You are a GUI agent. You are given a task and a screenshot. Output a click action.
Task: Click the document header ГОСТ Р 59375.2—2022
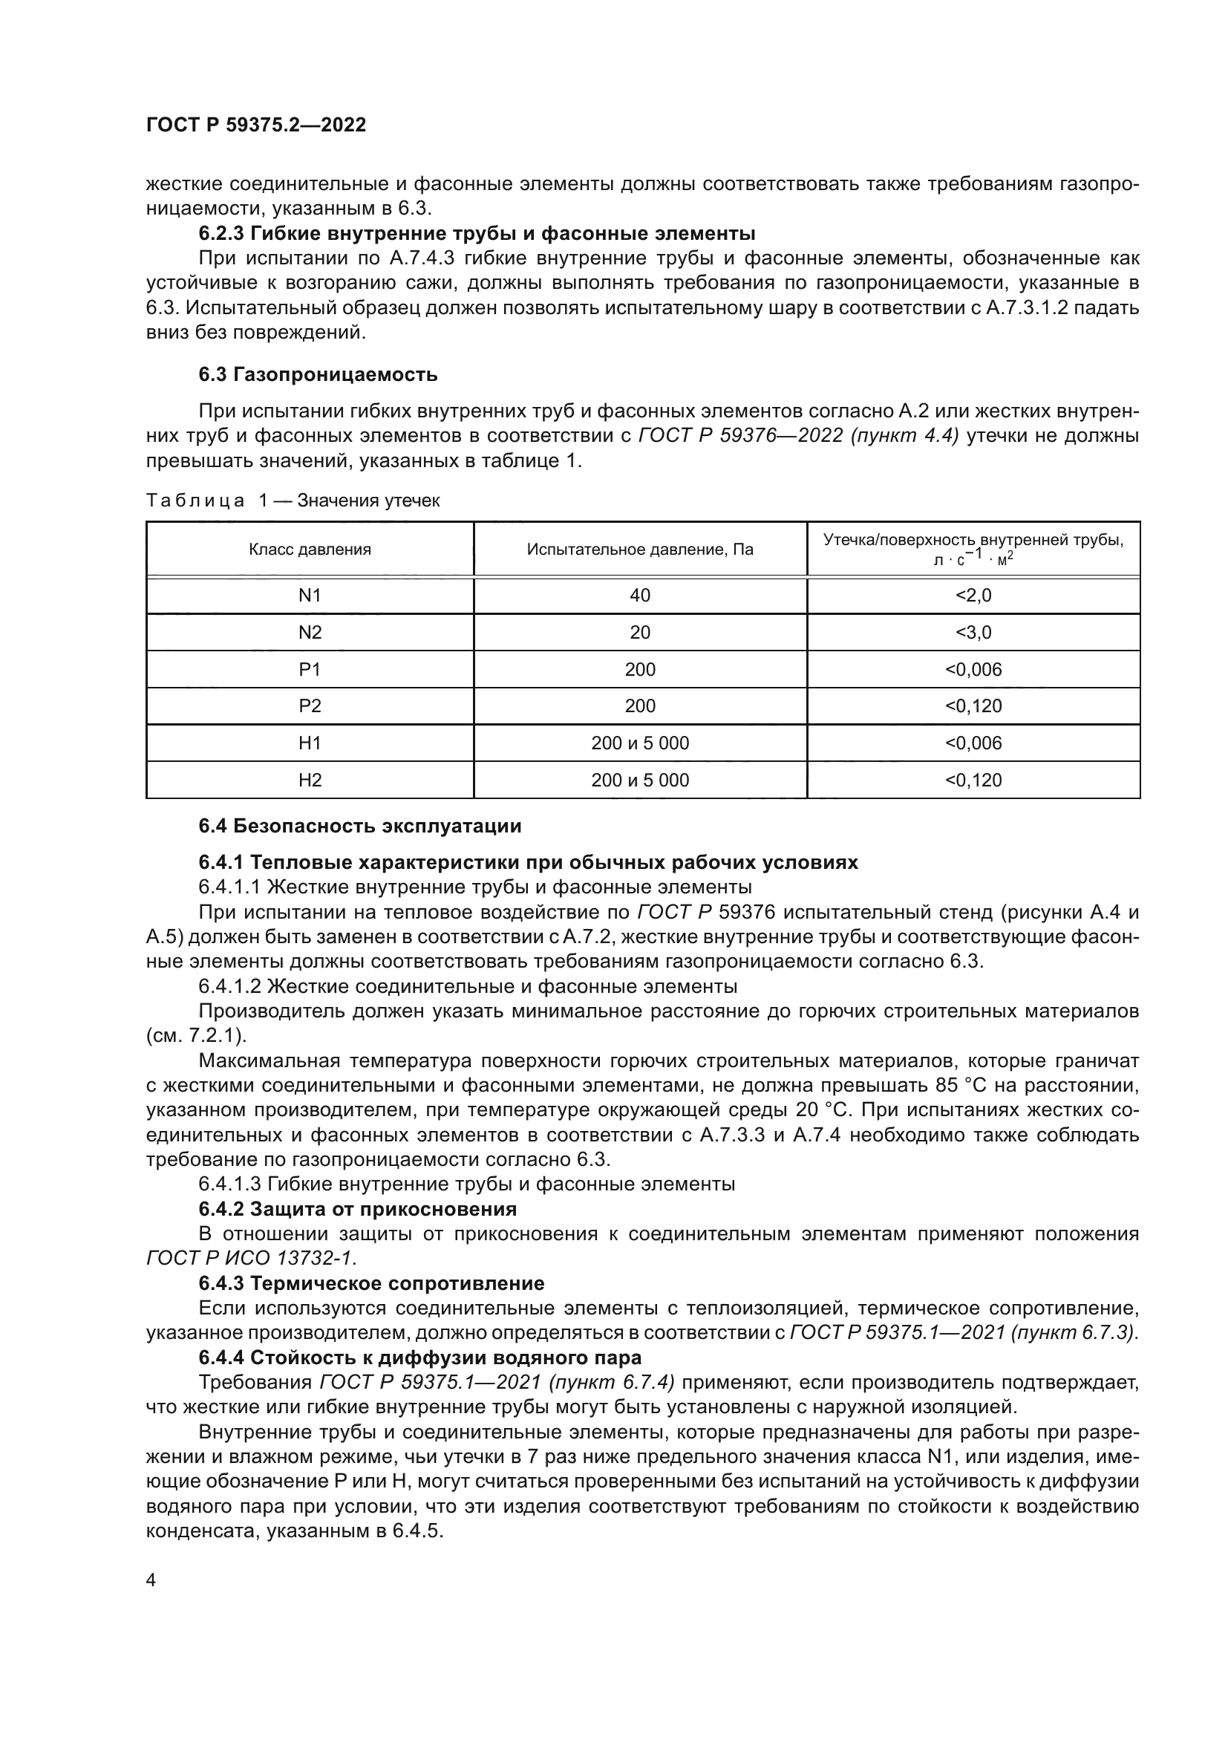click(x=255, y=125)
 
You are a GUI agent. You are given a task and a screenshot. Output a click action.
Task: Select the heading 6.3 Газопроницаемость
click(x=318, y=374)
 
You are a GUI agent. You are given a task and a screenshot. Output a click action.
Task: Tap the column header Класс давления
click(x=310, y=550)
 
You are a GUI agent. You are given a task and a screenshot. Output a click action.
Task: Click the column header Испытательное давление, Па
click(x=640, y=550)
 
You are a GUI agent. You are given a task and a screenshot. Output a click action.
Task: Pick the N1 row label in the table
click(x=310, y=596)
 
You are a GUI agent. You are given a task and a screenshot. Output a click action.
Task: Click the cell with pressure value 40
click(x=640, y=596)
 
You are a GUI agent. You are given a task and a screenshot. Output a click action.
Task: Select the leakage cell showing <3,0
click(x=973, y=633)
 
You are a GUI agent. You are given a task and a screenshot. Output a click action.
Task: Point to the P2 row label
click(x=310, y=706)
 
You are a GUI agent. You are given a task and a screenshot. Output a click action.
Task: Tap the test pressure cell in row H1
click(x=640, y=743)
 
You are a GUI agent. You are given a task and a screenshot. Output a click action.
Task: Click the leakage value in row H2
click(x=973, y=780)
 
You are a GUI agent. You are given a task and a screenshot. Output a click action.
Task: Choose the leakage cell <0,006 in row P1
click(x=973, y=670)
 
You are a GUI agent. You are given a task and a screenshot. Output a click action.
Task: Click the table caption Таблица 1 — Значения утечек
click(x=293, y=501)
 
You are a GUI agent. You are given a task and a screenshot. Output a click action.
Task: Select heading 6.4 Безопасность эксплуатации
click(x=360, y=826)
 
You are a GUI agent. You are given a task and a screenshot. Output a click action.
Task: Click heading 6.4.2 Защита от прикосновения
click(x=358, y=1209)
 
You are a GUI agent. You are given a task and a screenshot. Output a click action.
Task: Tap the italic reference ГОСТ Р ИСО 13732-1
click(x=250, y=1258)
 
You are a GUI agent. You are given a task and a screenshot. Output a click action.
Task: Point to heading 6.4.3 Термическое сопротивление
click(x=371, y=1284)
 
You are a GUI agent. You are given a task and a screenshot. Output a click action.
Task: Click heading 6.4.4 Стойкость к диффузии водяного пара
click(x=419, y=1358)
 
